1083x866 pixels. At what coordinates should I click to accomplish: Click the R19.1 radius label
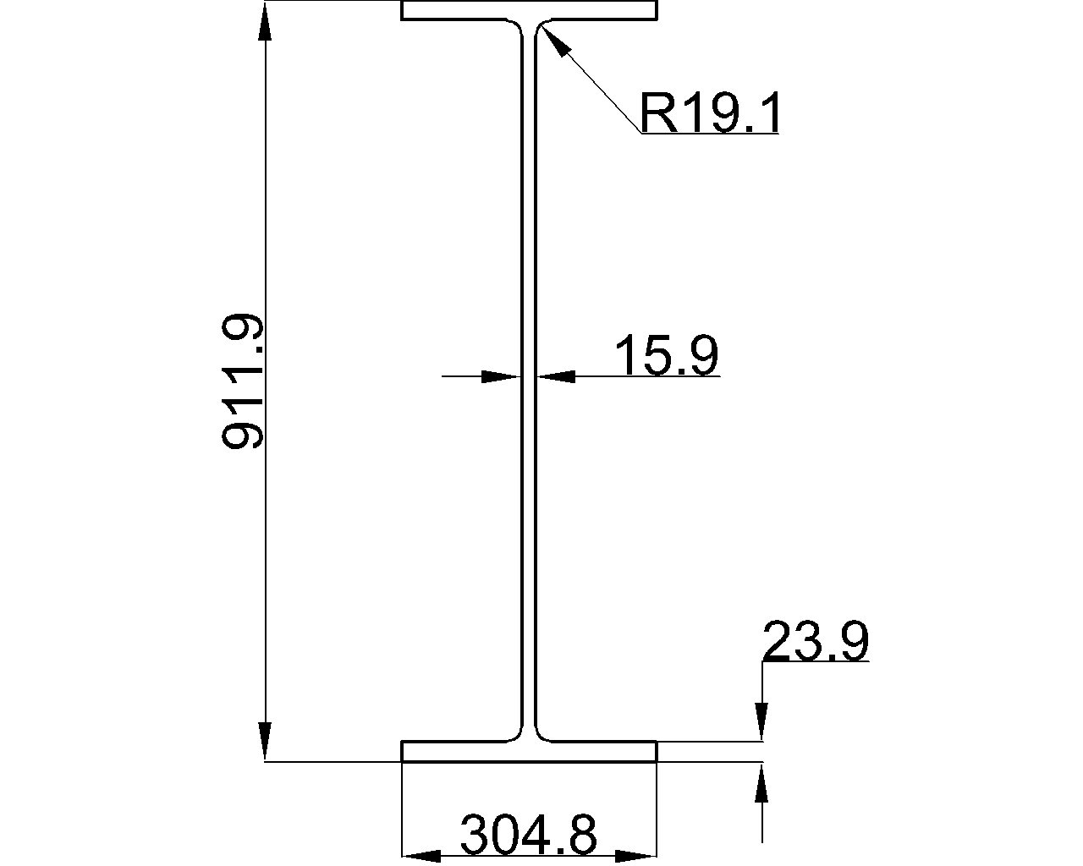point(709,114)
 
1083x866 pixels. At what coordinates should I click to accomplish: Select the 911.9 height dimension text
point(244,382)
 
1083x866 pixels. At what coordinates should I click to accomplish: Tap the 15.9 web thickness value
point(667,355)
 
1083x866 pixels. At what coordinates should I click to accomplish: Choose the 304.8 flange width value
point(529,836)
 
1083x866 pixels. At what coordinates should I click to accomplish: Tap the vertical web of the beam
point(529,381)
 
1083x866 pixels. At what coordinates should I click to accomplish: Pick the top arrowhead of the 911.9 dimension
point(266,22)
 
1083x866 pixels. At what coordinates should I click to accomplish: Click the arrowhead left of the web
point(500,375)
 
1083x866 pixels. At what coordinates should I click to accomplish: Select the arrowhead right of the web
point(557,375)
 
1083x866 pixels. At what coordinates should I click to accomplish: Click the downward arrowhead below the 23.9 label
point(762,722)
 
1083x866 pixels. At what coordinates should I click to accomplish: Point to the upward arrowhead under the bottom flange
point(762,781)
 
